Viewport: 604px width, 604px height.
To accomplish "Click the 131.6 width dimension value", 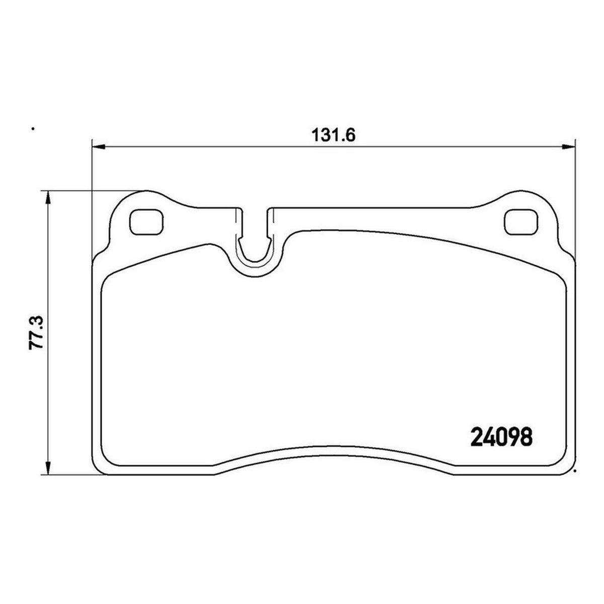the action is pyautogui.click(x=334, y=136).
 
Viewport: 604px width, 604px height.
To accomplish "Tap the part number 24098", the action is pyautogui.click(x=501, y=437).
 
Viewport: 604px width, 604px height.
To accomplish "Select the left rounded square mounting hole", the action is pyautogui.click(x=146, y=222).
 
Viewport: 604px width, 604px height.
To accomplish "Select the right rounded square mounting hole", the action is pyautogui.click(x=521, y=222).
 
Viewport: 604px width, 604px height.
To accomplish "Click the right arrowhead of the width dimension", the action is pyautogui.click(x=568, y=146).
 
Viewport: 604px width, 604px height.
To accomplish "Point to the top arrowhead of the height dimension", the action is pyautogui.click(x=47, y=197).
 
